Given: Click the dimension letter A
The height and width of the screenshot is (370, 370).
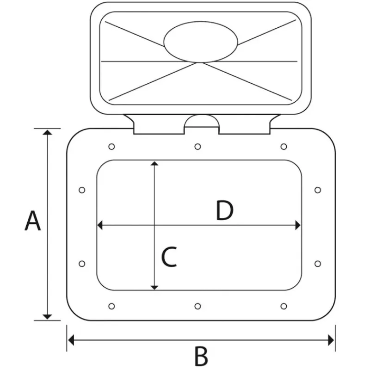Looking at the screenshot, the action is click(33, 221).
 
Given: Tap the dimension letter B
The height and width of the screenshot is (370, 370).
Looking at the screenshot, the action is click(201, 356).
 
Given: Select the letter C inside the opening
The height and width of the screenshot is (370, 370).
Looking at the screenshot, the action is click(169, 257).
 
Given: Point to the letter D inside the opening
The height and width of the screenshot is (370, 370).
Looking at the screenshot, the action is click(225, 210).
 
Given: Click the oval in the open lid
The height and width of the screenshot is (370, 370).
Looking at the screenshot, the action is click(201, 42).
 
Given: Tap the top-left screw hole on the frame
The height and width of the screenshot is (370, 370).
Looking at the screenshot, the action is click(111, 147).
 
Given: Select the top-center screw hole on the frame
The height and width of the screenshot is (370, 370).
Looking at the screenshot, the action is click(198, 147).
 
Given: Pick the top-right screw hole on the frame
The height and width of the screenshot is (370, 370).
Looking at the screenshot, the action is click(284, 147).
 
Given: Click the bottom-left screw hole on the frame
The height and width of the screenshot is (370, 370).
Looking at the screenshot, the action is click(111, 306).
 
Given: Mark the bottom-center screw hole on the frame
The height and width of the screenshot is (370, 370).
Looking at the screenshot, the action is click(198, 306).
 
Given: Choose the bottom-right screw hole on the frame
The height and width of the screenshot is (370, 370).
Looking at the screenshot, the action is click(284, 306).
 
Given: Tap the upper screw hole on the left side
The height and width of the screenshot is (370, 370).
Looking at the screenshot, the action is click(82, 190).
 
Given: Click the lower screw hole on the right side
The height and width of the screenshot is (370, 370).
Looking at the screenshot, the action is click(318, 264).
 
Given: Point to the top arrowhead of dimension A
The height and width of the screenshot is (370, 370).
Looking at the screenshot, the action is click(48, 132).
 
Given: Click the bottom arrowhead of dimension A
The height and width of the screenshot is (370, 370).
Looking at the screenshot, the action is click(48, 317).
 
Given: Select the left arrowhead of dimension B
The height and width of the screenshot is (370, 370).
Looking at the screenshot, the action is click(71, 340).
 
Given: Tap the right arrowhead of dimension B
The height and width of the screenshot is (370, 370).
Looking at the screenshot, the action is click(331, 340).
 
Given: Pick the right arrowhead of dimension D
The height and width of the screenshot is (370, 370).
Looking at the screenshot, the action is click(298, 225).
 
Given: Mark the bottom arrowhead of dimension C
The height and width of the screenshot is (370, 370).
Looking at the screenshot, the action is click(154, 288).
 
